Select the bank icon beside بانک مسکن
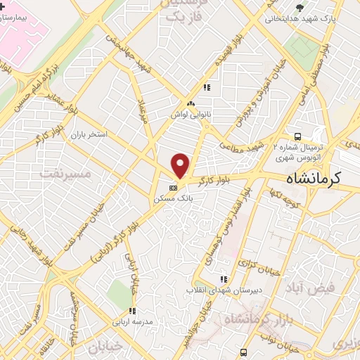(173, 188)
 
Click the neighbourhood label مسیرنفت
(63, 171)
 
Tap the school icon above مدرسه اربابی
(131, 311)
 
